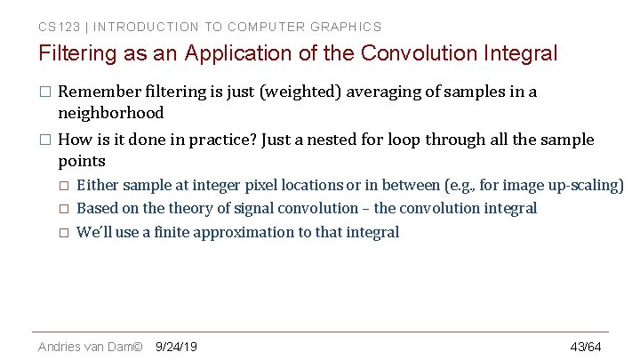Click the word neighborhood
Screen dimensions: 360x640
pos(111,113)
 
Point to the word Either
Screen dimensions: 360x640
pos(98,185)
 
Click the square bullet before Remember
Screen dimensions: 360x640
pos(44,92)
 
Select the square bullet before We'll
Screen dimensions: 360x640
pos(63,233)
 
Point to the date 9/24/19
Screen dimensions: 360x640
pos(176,346)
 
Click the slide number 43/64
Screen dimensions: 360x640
pos(586,346)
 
